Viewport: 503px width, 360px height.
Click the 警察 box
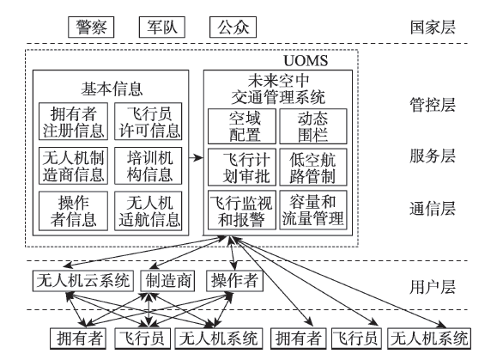(91, 27)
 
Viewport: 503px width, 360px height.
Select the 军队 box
(162, 27)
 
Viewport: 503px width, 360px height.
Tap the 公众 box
(233, 27)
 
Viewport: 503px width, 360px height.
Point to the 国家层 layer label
(433, 27)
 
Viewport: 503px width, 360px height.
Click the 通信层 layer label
(433, 209)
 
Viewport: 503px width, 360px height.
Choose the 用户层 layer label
(433, 287)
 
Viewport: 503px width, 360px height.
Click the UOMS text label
(306, 61)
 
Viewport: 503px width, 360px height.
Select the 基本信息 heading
(112, 89)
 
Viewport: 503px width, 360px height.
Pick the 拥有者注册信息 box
(73, 121)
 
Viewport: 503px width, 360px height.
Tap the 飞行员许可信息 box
(148, 121)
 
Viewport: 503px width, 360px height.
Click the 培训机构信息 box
(148, 166)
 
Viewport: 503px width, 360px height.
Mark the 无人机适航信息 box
(148, 211)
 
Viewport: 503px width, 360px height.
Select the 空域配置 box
(242, 126)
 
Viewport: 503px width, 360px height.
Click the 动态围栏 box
(313, 126)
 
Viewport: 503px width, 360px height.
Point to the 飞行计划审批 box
(242, 167)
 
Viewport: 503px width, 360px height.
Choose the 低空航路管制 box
(313, 167)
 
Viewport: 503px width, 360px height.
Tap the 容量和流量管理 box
(313, 210)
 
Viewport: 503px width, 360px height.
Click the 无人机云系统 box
(83, 281)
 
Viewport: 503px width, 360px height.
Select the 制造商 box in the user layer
(167, 281)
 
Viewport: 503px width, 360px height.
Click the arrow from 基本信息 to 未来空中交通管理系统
(196, 158)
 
